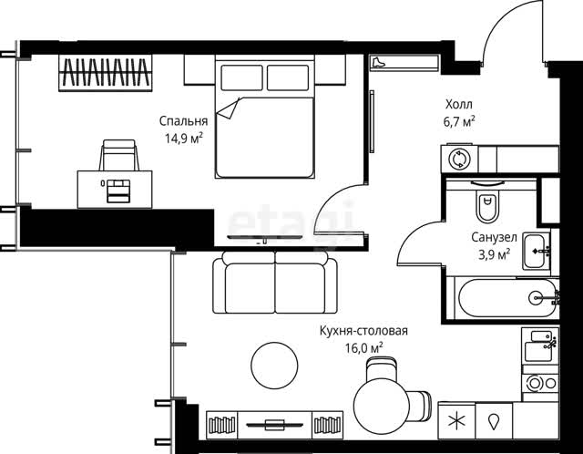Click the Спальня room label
[x=183, y=121]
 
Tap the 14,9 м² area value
[x=184, y=139]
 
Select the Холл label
[x=459, y=104]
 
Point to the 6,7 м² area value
[x=459, y=121]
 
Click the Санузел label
[x=494, y=237]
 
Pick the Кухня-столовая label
[x=363, y=331]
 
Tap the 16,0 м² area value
[x=364, y=348]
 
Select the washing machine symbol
[x=459, y=159]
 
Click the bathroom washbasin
[x=537, y=251]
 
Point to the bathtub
[x=507, y=298]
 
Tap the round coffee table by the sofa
[x=274, y=366]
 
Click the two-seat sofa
[x=275, y=283]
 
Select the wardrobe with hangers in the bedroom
[x=106, y=73]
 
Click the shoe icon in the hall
[x=378, y=62]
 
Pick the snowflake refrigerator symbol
[x=456, y=421]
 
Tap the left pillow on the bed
[x=241, y=77]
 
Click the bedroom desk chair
[x=119, y=155]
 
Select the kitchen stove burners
[x=540, y=383]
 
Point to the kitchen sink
[x=538, y=346]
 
